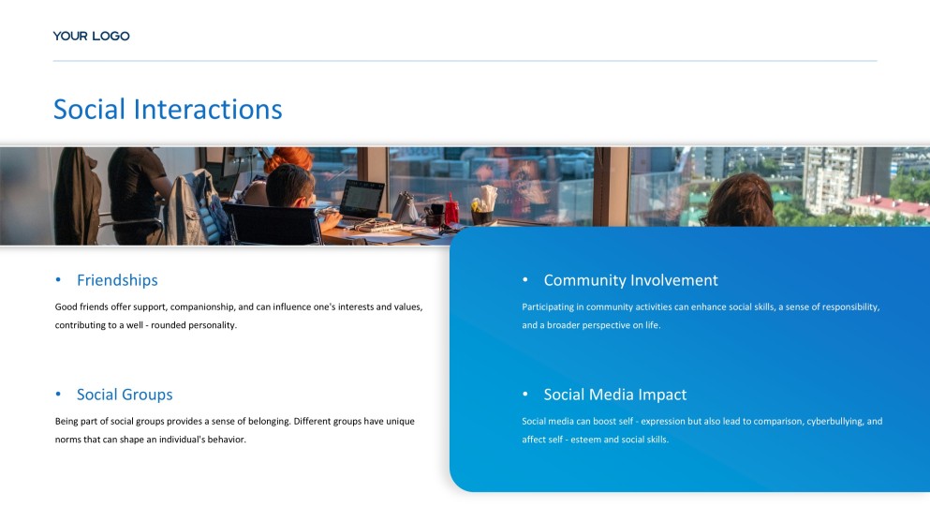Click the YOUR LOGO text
92,37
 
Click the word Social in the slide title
90,110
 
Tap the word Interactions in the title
208,110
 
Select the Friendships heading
117,280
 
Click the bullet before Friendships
58,279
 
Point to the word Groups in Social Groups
148,395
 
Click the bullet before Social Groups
58,395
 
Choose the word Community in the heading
584,280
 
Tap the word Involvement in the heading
673,280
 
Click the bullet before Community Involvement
524,279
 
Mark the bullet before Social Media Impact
524,395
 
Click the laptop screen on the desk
362,200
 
